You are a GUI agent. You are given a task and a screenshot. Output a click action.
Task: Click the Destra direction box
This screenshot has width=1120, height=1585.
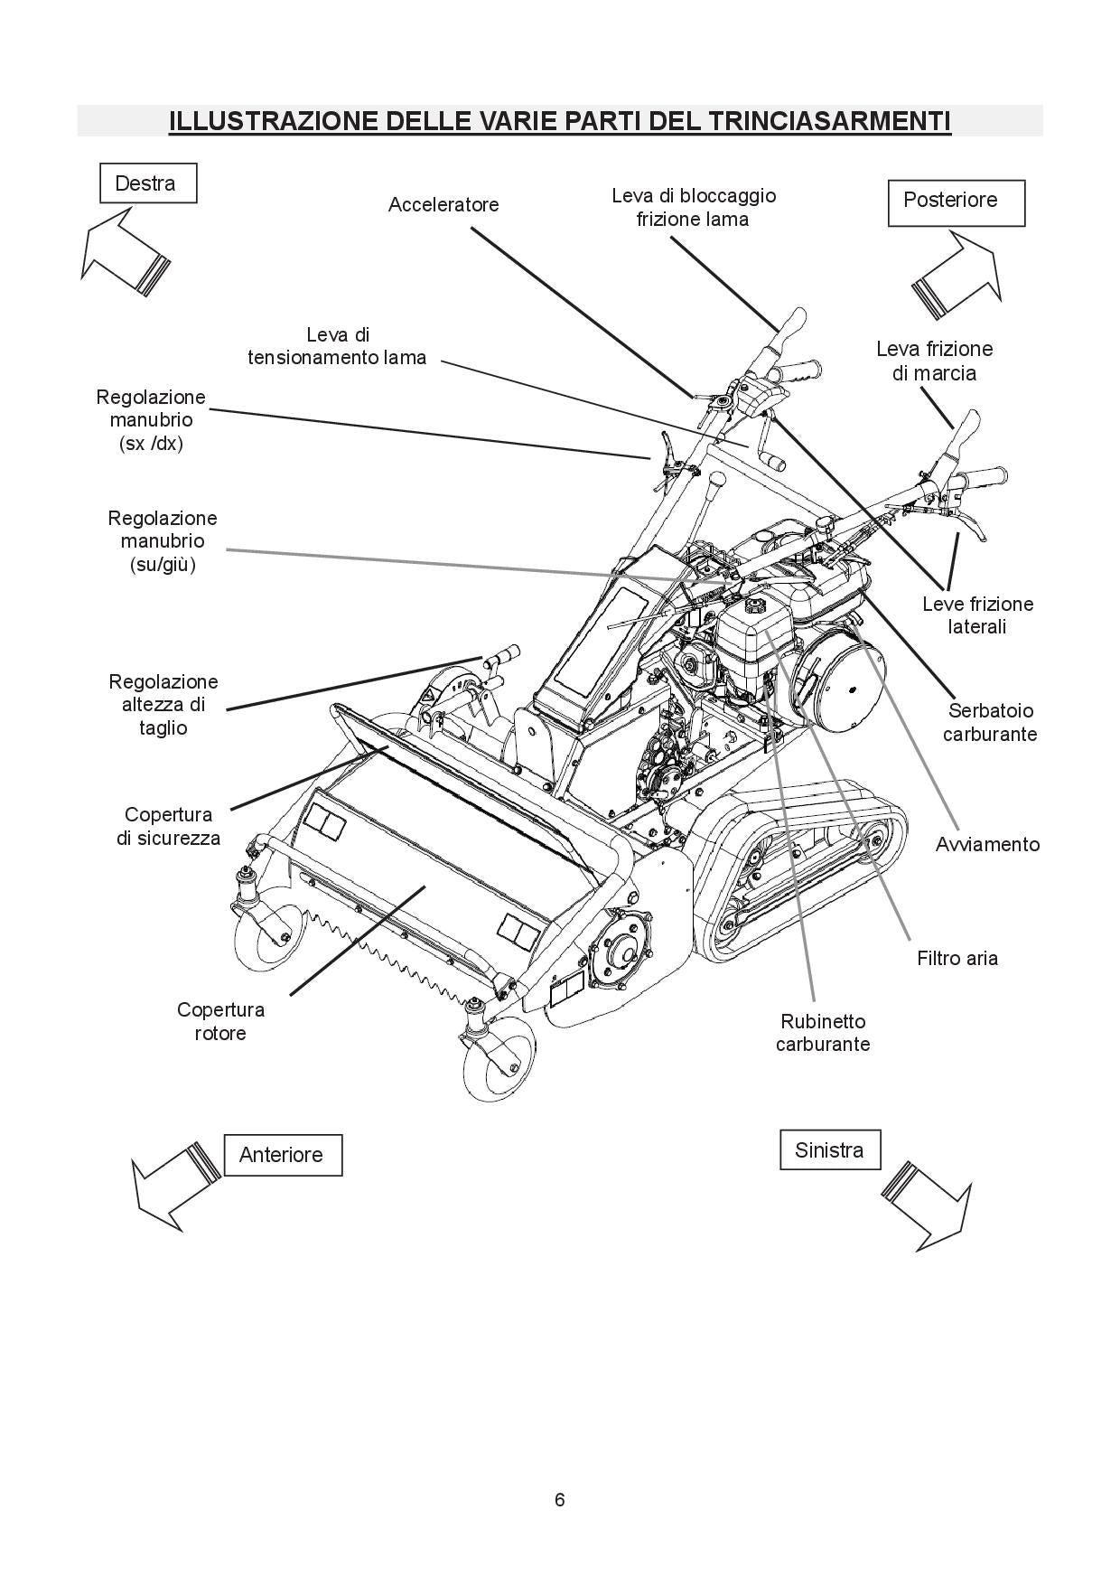(147, 183)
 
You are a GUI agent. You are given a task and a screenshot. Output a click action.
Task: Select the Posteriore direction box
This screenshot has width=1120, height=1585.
(957, 202)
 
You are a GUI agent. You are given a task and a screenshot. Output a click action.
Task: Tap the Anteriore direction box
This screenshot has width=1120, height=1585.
(282, 1155)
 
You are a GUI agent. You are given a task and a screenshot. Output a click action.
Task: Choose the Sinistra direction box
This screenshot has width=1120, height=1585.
(829, 1149)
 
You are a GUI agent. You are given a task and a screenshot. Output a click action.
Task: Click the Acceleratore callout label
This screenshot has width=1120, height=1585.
(443, 205)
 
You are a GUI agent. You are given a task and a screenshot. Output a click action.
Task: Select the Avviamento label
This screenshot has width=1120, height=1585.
(986, 844)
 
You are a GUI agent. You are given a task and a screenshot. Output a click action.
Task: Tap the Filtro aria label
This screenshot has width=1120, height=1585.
(957, 958)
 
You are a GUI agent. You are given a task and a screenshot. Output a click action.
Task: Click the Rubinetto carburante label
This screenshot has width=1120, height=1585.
(822, 1033)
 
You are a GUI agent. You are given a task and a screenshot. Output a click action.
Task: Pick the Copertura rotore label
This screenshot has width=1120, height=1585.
(220, 1021)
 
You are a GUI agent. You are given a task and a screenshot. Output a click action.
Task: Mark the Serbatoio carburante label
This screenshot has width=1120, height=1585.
(989, 722)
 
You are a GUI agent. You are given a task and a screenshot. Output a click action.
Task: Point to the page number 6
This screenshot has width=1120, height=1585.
(559, 1500)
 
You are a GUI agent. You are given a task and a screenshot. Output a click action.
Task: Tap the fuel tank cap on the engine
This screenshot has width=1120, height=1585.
(754, 602)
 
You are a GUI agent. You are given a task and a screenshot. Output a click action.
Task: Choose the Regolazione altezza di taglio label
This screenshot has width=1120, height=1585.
(163, 704)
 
